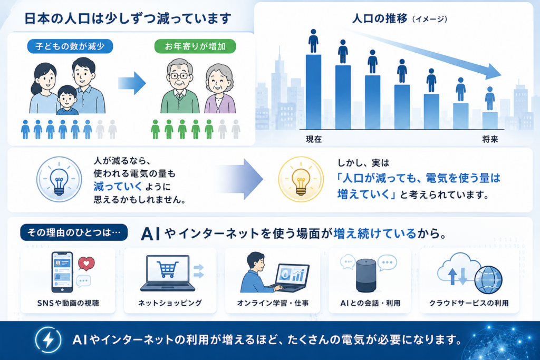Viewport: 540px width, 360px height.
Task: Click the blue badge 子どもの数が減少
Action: tap(70, 46)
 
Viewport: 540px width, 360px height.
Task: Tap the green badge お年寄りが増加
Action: tap(195, 46)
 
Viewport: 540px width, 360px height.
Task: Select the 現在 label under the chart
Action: tap(314, 139)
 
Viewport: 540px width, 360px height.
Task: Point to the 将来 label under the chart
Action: tap(490, 139)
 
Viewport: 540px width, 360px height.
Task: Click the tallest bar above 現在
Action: tap(313, 92)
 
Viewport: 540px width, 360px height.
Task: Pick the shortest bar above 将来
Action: tap(490, 121)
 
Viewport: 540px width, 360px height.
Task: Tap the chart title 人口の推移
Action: tap(380, 18)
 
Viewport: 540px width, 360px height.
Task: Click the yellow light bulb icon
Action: tap(301, 179)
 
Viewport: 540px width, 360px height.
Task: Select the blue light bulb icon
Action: tap(59, 179)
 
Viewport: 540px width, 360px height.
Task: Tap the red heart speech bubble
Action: tap(86, 264)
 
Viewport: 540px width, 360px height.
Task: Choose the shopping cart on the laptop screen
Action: tap(168, 269)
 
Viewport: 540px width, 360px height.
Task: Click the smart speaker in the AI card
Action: tap(366, 276)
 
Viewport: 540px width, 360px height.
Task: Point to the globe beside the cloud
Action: tap(488, 280)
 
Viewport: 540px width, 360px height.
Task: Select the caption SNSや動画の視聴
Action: tap(68, 303)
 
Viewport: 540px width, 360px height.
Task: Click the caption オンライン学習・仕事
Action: tap(273, 303)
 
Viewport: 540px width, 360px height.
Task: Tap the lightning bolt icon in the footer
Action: tap(48, 339)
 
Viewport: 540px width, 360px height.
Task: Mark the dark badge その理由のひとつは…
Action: tap(74, 232)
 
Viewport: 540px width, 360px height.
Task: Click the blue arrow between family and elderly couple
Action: tap(132, 83)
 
